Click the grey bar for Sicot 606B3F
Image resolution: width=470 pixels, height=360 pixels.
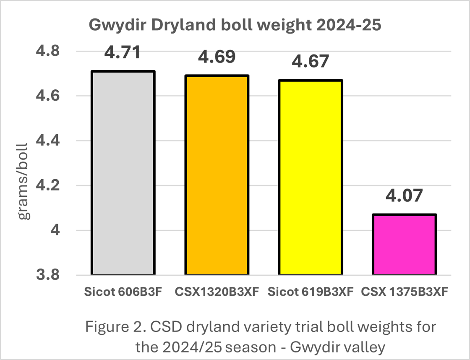click(x=123, y=173)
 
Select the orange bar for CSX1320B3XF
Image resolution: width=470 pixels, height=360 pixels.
click(x=217, y=175)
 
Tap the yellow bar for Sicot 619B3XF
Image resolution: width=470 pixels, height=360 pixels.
click(x=311, y=177)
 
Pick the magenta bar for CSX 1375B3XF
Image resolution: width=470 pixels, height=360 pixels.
click(x=405, y=245)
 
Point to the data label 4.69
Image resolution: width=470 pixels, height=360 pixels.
click(x=217, y=57)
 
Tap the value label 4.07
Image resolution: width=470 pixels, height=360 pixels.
click(x=404, y=196)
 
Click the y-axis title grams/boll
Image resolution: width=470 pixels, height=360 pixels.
click(x=23, y=181)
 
